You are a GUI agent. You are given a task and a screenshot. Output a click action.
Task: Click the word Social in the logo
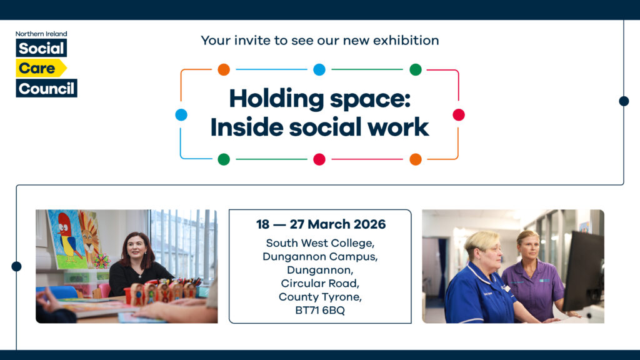coord(41,48)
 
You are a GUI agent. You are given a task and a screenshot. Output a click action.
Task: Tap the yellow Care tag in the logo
coord(39,68)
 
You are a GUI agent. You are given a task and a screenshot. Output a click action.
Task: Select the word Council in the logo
coord(46,88)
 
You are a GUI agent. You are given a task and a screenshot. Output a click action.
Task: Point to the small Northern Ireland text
coord(41,34)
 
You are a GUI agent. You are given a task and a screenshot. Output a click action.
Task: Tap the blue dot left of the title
coord(181,114)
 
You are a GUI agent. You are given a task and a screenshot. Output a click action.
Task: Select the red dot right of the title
coord(459,114)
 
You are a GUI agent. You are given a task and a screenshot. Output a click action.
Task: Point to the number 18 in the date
coord(263,224)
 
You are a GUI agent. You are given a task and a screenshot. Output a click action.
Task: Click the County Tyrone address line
coord(320,297)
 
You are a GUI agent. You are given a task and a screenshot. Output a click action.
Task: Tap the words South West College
coord(320,242)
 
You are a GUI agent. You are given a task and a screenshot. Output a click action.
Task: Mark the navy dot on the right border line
coord(623,101)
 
